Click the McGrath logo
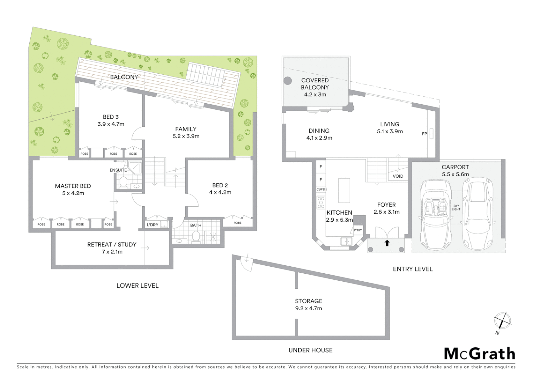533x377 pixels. click(x=480, y=354)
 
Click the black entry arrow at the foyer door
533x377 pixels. click(x=387, y=243)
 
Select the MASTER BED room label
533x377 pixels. click(x=73, y=186)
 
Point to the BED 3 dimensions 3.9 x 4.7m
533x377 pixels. click(x=111, y=124)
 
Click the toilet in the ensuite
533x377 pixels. click(x=123, y=182)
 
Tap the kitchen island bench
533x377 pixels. click(x=344, y=190)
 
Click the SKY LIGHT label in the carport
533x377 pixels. click(x=456, y=208)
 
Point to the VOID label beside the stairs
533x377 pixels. click(x=398, y=176)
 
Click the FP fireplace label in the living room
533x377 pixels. click(x=424, y=134)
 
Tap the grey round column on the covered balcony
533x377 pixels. click(x=287, y=81)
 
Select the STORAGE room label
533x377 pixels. click(x=308, y=301)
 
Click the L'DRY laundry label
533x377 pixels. click(x=152, y=225)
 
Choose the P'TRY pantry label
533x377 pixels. click(x=358, y=230)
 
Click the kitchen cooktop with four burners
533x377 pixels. click(x=321, y=202)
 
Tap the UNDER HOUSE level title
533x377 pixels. click(x=310, y=350)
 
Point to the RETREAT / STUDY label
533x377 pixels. click(x=112, y=245)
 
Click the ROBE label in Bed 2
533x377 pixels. click(x=238, y=223)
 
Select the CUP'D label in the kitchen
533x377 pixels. click(x=321, y=190)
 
